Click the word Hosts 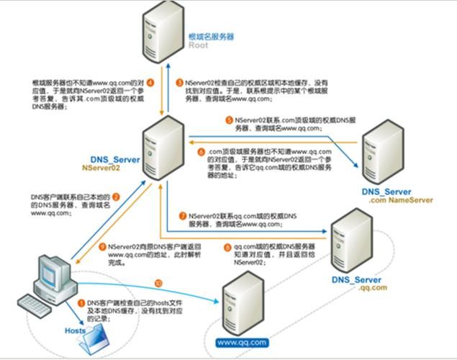click(x=74, y=330)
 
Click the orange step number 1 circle click(x=81, y=304)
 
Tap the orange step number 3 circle click(x=180, y=83)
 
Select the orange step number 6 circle click(x=202, y=153)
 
